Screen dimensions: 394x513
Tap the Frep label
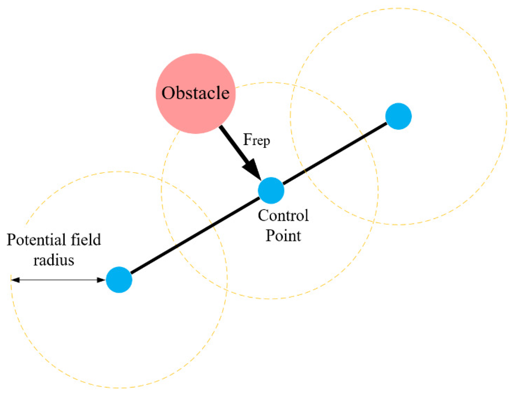(x=256, y=140)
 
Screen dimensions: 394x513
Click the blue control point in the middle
(x=271, y=190)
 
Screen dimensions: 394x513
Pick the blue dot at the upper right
(x=398, y=116)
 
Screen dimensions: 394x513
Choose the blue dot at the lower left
(x=119, y=280)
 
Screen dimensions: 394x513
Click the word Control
(x=283, y=215)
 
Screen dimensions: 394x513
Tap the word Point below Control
(x=283, y=236)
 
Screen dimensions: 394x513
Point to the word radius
(x=54, y=260)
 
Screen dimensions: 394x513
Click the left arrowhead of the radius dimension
(x=15, y=280)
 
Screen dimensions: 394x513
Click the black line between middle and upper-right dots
(x=335, y=153)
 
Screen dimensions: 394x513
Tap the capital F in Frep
(x=247, y=139)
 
